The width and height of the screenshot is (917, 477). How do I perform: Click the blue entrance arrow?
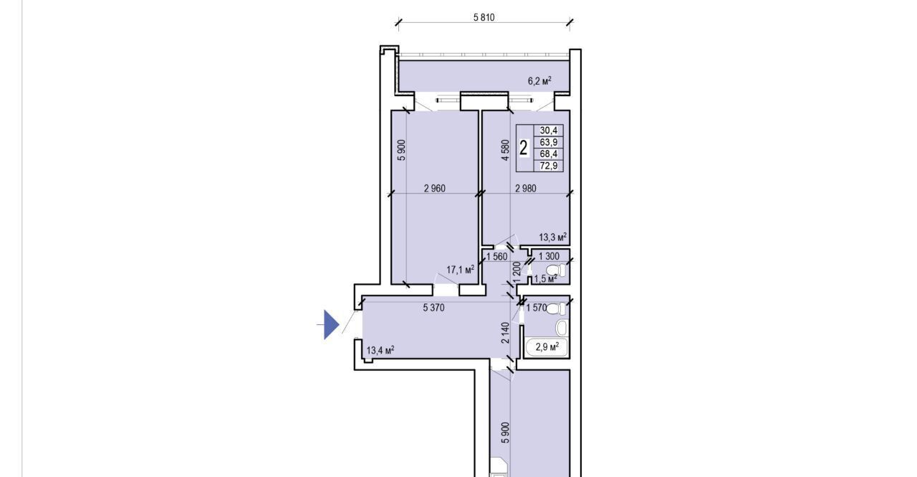tap(332, 324)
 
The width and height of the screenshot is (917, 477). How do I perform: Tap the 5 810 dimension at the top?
tap(484, 18)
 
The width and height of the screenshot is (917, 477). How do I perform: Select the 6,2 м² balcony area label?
tap(539, 81)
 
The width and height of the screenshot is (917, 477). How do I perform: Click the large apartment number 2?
tap(523, 148)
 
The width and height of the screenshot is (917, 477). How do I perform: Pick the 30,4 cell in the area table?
tap(549, 131)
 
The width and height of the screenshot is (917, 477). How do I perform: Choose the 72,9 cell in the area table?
tap(549, 166)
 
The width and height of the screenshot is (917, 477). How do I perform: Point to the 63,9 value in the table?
tap(549, 142)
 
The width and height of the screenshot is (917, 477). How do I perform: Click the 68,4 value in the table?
tap(549, 154)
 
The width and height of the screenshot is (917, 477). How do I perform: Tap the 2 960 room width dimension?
tap(435, 189)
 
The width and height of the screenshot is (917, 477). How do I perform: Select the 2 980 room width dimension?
tap(526, 189)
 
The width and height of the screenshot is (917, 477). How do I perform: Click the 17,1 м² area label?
tap(460, 270)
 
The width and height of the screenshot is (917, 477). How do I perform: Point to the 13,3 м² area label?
tap(552, 237)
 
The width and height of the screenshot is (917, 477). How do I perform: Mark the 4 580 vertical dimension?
tap(506, 150)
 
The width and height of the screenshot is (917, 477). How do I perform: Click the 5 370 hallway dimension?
tap(433, 308)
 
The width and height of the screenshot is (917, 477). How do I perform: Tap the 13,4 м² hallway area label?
tap(380, 350)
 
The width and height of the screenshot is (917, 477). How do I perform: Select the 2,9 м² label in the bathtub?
tap(547, 347)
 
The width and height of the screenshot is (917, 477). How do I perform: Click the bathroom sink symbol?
tap(561, 328)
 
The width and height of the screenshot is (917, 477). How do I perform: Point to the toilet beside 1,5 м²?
tap(556, 270)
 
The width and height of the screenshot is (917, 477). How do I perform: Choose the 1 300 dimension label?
tap(549, 257)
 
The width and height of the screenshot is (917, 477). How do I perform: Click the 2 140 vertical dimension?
tap(506, 333)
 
